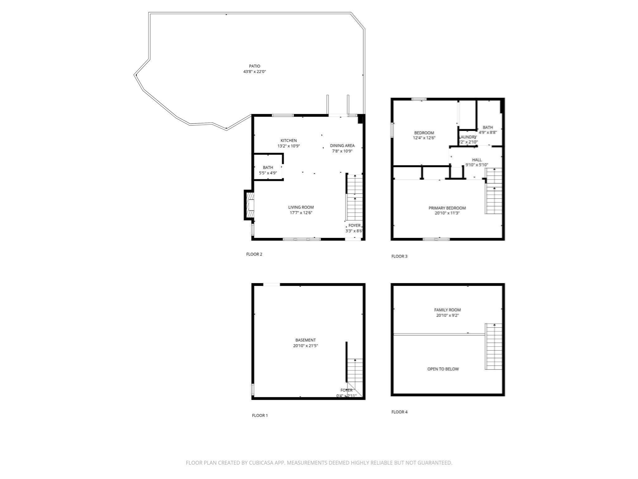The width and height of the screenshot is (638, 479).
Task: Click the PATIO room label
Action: tap(254, 66)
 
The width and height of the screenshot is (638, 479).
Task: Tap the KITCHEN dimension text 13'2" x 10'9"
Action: tap(288, 146)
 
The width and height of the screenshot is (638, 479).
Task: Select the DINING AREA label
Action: tap(342, 146)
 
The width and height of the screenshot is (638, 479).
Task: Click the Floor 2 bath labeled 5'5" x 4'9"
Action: tap(268, 170)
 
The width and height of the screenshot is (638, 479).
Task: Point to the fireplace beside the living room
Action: tap(250, 205)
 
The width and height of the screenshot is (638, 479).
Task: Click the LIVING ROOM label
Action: tap(301, 207)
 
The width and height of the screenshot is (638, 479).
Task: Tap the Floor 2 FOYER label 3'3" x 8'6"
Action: tap(354, 228)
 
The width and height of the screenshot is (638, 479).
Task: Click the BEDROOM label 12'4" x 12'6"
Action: tap(424, 133)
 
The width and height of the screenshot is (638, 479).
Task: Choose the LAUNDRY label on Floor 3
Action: tap(467, 137)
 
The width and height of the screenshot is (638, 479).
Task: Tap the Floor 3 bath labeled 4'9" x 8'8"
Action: tap(488, 130)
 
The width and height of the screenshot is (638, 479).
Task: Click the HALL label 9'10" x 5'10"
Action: tap(477, 160)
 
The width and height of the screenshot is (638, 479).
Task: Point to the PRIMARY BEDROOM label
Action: tap(447, 208)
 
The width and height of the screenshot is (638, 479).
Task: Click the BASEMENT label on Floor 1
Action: tap(305, 340)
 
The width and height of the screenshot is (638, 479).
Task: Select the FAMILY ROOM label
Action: tap(447, 310)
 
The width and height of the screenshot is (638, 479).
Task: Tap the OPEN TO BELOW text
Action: tap(443, 369)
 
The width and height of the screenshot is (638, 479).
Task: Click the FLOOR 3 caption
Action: tap(399, 256)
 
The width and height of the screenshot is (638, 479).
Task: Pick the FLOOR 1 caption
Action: tap(259, 415)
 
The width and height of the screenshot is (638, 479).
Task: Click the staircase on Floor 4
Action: tap(493, 346)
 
